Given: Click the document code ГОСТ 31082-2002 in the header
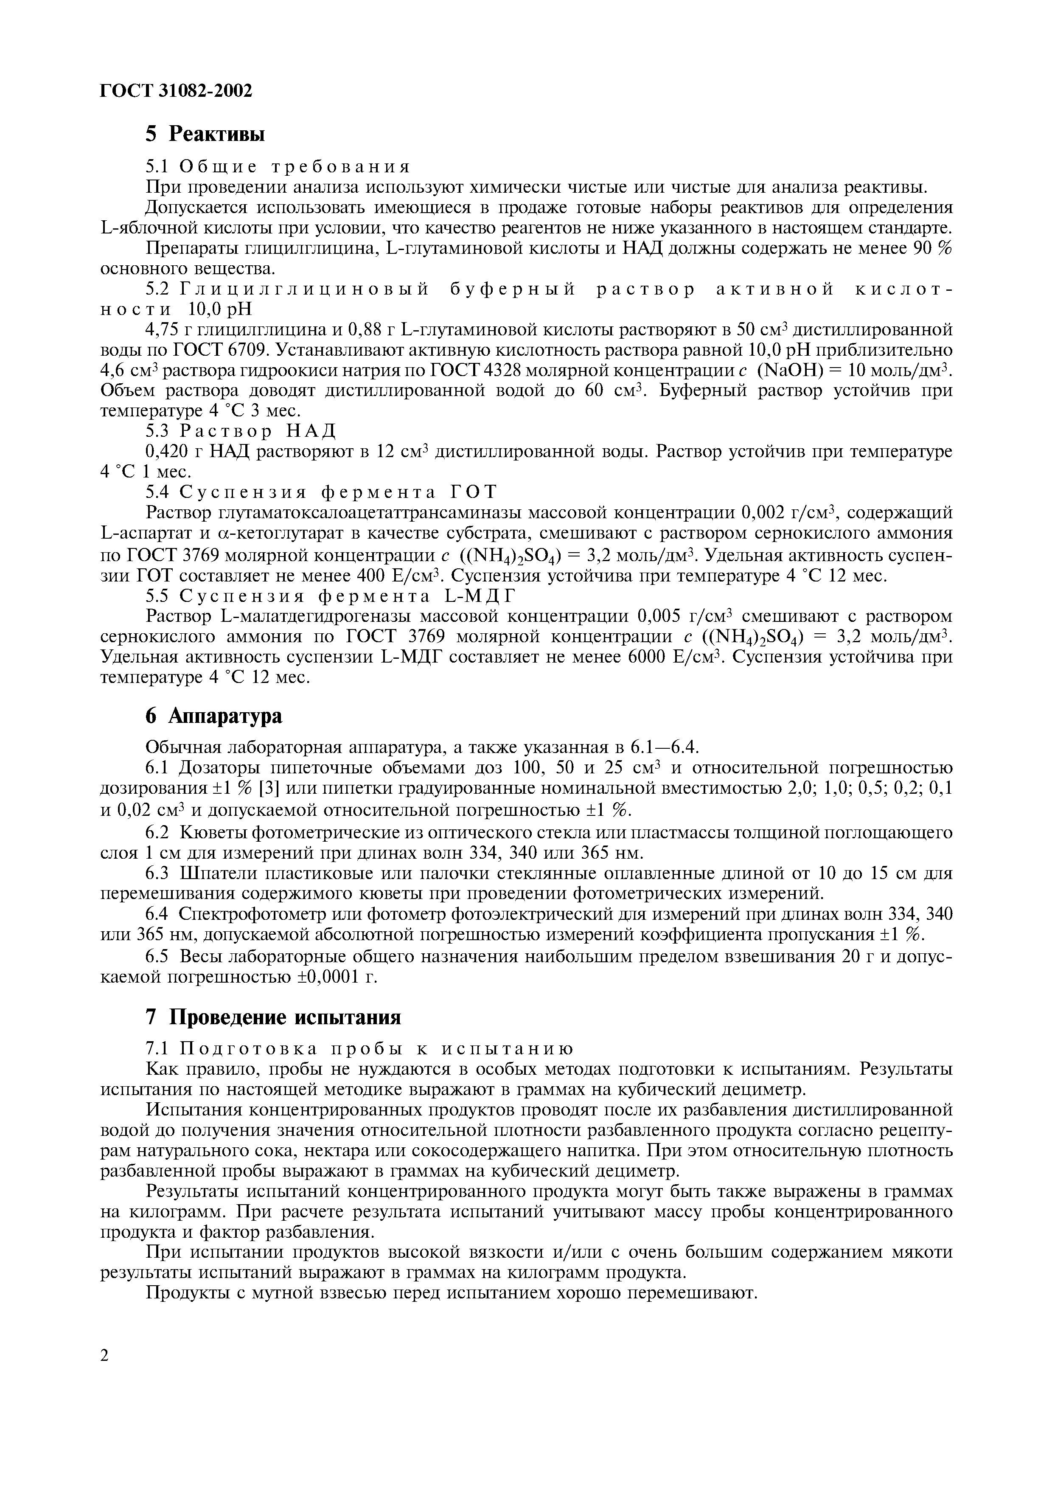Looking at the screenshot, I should pyautogui.click(x=176, y=91).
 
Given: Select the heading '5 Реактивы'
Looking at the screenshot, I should pyautogui.click(x=205, y=134).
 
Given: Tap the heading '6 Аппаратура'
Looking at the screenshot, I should pyautogui.click(x=213, y=716).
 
